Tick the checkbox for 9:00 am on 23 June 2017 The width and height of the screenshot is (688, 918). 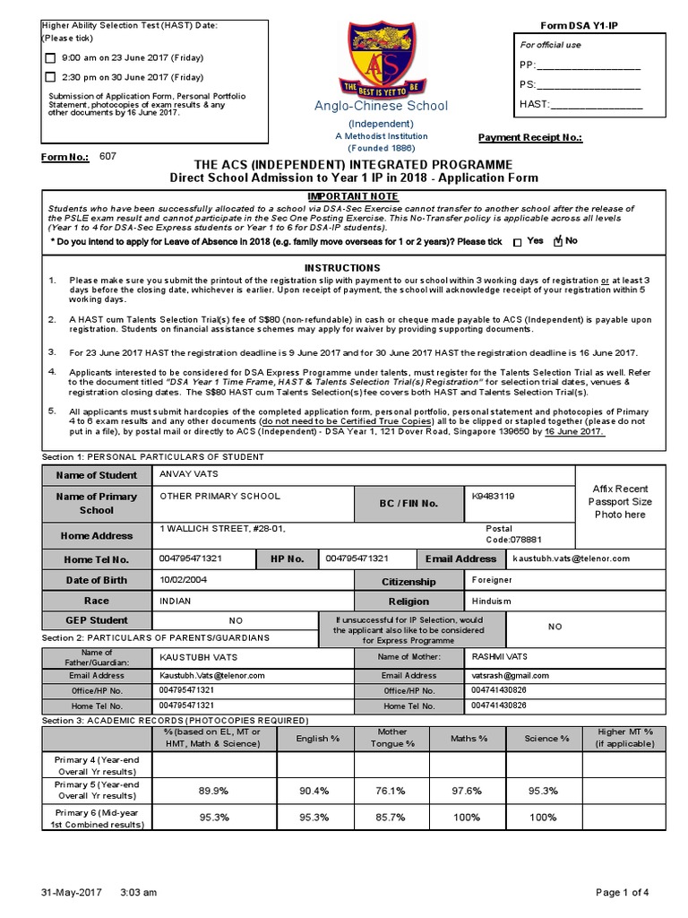[x=50, y=57]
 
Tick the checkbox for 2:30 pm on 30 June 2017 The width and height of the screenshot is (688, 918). [x=50, y=77]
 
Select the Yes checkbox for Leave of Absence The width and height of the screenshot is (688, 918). [x=518, y=242]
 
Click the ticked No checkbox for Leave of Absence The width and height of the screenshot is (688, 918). [x=557, y=241]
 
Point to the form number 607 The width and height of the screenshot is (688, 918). [x=107, y=156]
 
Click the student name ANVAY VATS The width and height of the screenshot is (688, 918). [x=188, y=474]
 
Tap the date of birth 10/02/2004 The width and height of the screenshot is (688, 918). [x=183, y=580]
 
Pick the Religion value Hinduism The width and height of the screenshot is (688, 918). [x=494, y=601]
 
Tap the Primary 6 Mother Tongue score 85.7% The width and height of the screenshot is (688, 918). [x=392, y=818]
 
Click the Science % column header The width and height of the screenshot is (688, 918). [x=546, y=738]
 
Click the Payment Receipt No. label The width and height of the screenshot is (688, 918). [x=529, y=137]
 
